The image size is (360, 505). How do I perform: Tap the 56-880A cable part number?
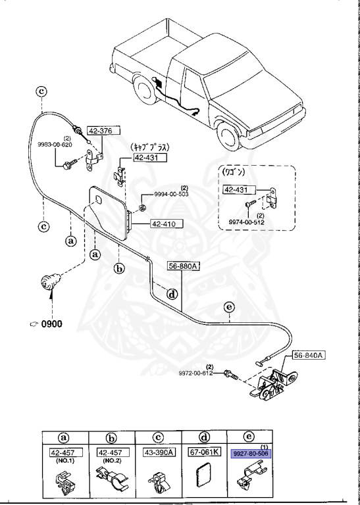click(x=183, y=266)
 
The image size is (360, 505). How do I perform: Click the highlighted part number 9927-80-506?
click(x=251, y=453)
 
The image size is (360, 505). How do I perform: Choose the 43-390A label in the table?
click(x=158, y=453)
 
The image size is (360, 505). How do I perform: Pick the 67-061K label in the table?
click(x=203, y=453)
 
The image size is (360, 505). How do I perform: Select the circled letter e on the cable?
click(x=228, y=307)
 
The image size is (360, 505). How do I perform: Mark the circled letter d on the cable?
click(x=171, y=294)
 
